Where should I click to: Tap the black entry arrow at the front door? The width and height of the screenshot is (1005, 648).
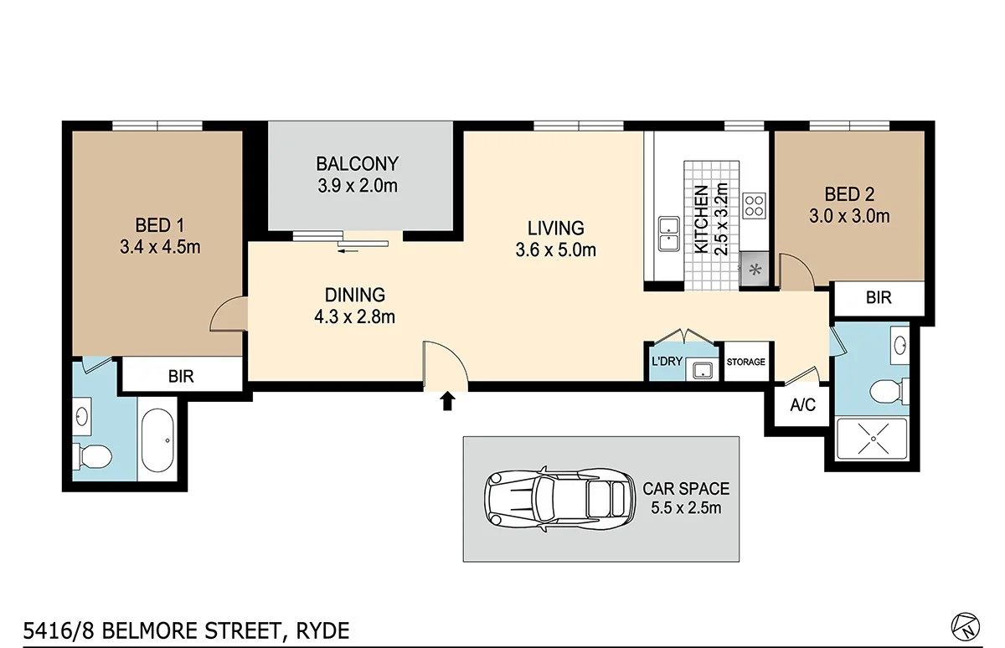coord(447,402)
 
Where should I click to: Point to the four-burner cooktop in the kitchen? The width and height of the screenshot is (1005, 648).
coord(754,205)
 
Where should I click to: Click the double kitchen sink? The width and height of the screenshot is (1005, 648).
coord(668,234)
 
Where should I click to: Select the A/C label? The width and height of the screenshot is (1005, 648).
coord(802,405)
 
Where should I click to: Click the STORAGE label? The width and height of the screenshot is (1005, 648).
coord(745,363)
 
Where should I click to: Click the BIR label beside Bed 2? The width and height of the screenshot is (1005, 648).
coord(878,297)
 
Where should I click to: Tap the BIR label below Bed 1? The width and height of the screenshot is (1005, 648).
coord(181,376)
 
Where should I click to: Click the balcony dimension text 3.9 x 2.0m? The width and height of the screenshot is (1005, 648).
coord(357,186)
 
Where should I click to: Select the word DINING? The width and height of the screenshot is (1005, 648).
coord(355,295)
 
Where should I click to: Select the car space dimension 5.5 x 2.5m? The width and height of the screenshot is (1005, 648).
coord(686,508)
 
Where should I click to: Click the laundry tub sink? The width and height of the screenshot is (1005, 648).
coord(700,369)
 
